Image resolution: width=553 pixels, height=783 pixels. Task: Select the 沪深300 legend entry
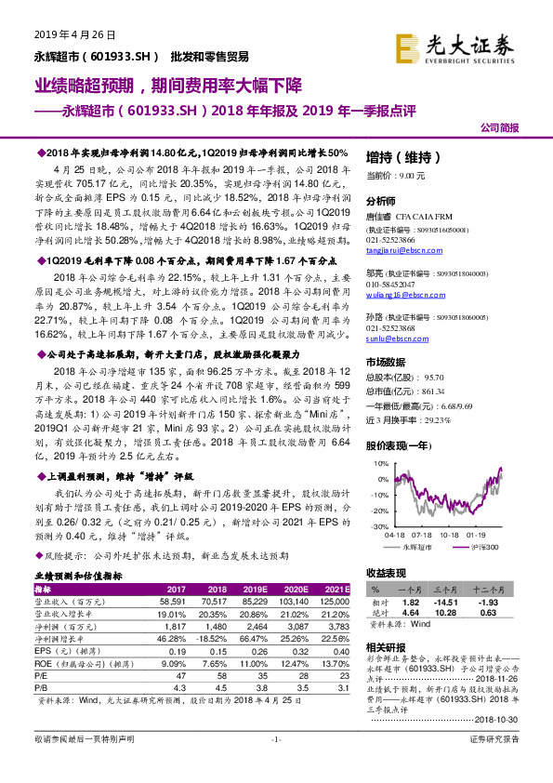[x=481, y=549]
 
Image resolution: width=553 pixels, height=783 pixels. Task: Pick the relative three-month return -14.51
[x=445, y=604]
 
